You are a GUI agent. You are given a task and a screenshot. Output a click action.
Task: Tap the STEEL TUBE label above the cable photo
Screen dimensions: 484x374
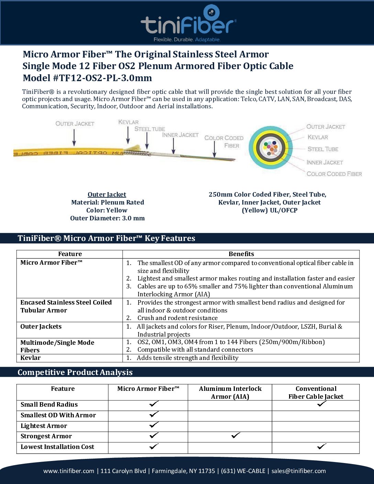[x=150, y=129]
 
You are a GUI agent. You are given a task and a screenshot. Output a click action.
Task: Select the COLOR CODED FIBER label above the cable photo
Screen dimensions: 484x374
[x=224, y=142]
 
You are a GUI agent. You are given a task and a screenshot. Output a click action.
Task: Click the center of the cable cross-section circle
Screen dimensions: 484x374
[x=271, y=148]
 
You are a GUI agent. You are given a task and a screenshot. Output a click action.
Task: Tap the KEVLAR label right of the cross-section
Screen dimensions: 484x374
[x=318, y=137]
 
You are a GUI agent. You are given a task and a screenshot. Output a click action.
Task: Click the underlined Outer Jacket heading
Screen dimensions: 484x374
[x=107, y=195]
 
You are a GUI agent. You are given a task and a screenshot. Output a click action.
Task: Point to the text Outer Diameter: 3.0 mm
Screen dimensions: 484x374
[x=107, y=218]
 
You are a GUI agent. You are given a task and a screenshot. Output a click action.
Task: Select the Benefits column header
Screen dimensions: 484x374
[x=241, y=254]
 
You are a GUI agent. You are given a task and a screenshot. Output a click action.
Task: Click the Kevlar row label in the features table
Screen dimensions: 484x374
[x=31, y=358]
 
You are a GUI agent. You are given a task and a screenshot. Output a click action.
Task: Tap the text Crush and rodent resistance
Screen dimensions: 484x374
[x=177, y=318]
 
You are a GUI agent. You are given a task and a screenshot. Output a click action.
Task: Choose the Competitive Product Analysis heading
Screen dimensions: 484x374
[x=75, y=372]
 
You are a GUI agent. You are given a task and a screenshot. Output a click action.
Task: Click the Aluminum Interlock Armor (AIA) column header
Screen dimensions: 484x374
[x=230, y=393]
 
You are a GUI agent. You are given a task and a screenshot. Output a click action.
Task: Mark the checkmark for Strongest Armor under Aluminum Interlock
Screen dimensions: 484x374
[x=235, y=436]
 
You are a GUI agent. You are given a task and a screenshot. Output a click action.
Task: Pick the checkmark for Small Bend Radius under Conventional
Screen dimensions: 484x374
[x=322, y=404]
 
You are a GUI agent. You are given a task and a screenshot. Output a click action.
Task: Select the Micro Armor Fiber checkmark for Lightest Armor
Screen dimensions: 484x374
[x=154, y=425]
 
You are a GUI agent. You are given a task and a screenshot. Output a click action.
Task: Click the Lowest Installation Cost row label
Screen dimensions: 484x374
[x=57, y=447]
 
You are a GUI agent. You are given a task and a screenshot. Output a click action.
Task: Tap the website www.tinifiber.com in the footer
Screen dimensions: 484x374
[x=69, y=471]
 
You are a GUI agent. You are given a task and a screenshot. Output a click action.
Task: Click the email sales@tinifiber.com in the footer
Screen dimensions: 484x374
[x=298, y=471]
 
